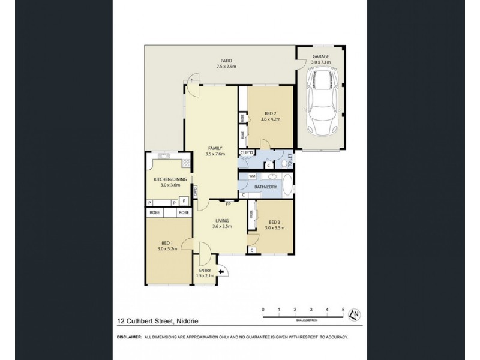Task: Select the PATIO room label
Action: tap(226, 61)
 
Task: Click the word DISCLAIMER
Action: tap(128, 337)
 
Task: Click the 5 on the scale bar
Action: tap(343, 309)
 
